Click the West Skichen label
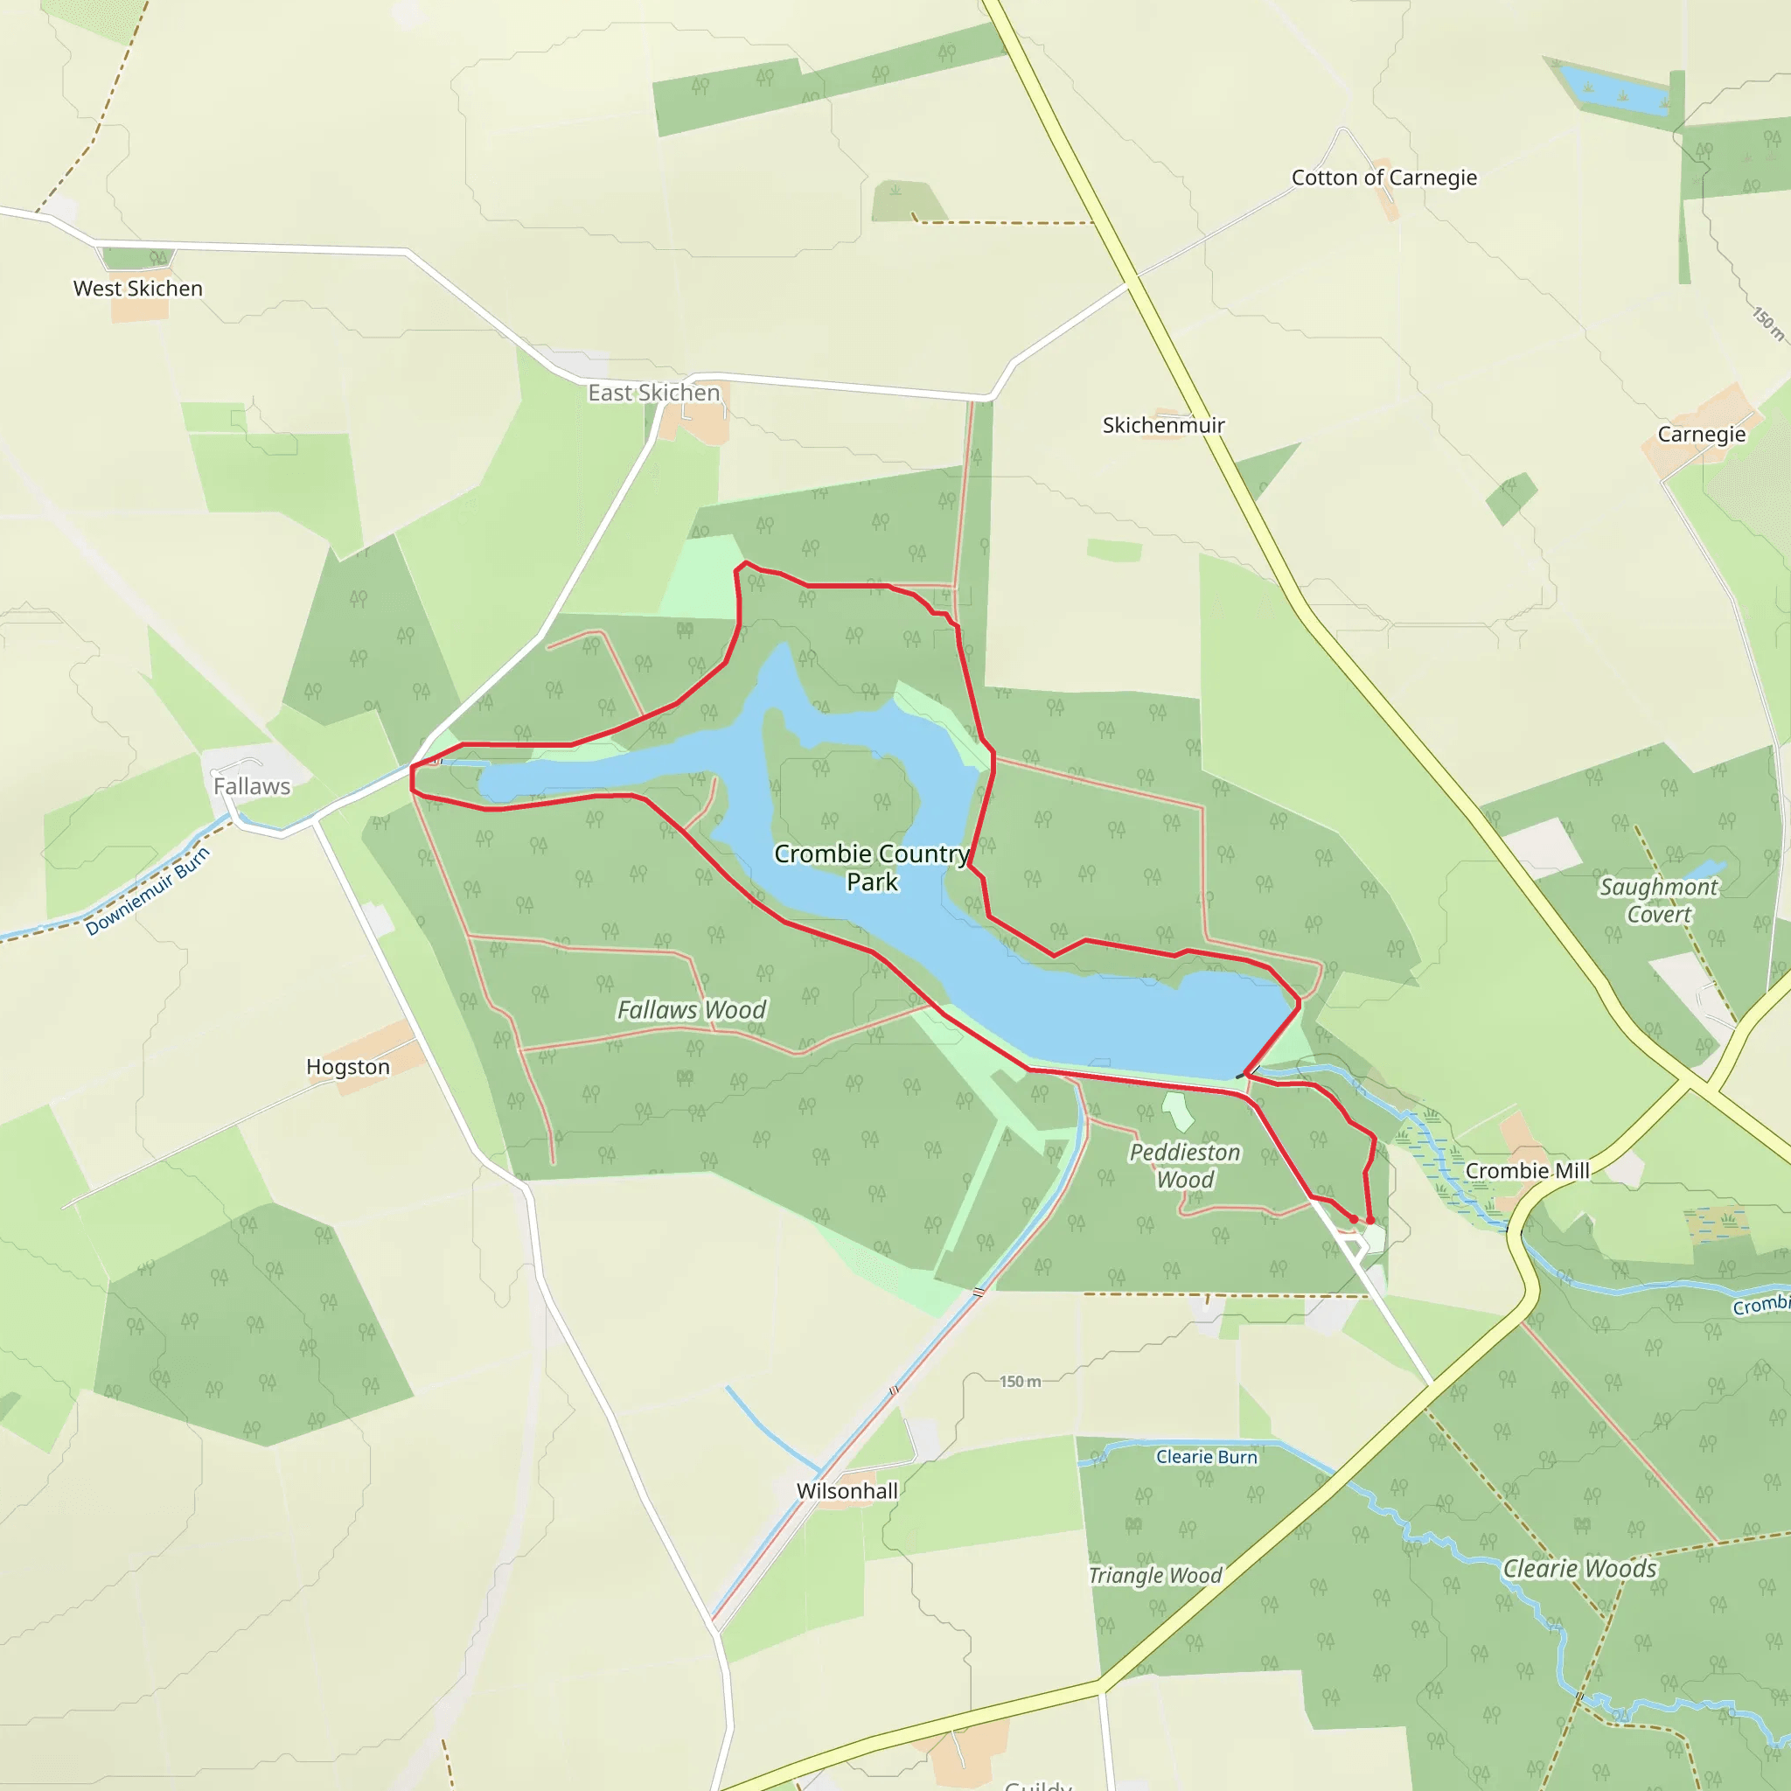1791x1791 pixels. tap(138, 289)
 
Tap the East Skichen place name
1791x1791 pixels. tap(653, 393)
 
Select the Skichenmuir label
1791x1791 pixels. tap(1163, 426)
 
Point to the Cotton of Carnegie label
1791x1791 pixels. tap(1384, 178)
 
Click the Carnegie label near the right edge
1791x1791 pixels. tap(1701, 435)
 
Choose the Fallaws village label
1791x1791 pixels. tap(251, 787)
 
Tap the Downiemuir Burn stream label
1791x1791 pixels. tap(149, 891)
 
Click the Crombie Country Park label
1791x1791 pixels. tap(871, 868)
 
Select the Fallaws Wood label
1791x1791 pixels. tap(692, 1009)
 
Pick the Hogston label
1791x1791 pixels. tap(348, 1067)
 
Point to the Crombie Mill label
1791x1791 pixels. tap(1527, 1171)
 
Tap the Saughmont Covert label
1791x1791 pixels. tap(1658, 900)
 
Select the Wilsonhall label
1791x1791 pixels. tap(847, 1491)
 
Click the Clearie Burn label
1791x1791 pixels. tap(1206, 1457)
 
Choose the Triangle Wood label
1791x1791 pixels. tap(1155, 1575)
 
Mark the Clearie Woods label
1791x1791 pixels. tap(1579, 1569)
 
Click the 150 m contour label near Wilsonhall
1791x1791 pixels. tap(1020, 1381)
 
